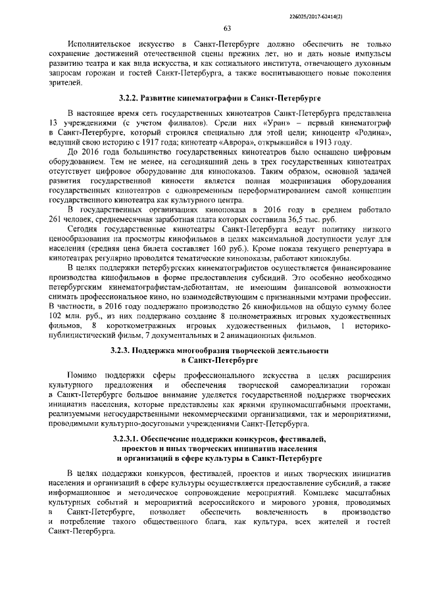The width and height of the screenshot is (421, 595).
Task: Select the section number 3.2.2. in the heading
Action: [131, 98]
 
